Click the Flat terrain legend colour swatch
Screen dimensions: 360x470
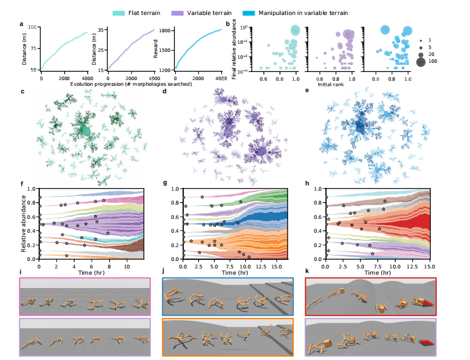click(x=141, y=12)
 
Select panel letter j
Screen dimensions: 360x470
click(x=165, y=271)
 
